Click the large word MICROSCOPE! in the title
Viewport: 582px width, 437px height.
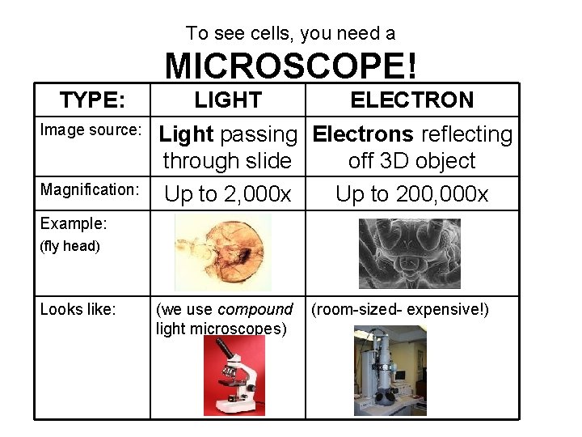pyautogui.click(x=291, y=66)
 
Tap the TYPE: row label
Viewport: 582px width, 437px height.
pyautogui.click(x=92, y=100)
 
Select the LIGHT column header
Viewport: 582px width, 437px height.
pyautogui.click(x=228, y=100)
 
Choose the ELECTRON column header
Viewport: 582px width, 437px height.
pyautogui.click(x=411, y=100)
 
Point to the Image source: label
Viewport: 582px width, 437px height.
pyautogui.click(x=91, y=130)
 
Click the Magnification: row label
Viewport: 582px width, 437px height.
pyautogui.click(x=90, y=189)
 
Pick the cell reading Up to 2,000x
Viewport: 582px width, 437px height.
pyautogui.click(x=227, y=194)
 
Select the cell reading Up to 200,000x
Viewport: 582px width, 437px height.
pyautogui.click(x=411, y=194)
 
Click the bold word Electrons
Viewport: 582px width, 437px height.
pyautogui.click(x=363, y=134)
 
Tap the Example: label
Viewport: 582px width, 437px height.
pyautogui.click(x=74, y=223)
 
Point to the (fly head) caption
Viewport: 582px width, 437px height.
pyautogui.click(x=70, y=246)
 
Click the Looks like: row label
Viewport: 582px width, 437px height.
pyautogui.click(x=78, y=309)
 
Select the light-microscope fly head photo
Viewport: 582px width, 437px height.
pyautogui.click(x=223, y=253)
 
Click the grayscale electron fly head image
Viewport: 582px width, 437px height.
pyautogui.click(x=409, y=253)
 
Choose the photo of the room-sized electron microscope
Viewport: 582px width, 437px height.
pyautogui.click(x=390, y=371)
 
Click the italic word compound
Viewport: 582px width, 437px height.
pyautogui.click(x=255, y=309)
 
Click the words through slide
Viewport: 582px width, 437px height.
pyautogui.click(x=227, y=161)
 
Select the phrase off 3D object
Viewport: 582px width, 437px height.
pyautogui.click(x=411, y=161)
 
